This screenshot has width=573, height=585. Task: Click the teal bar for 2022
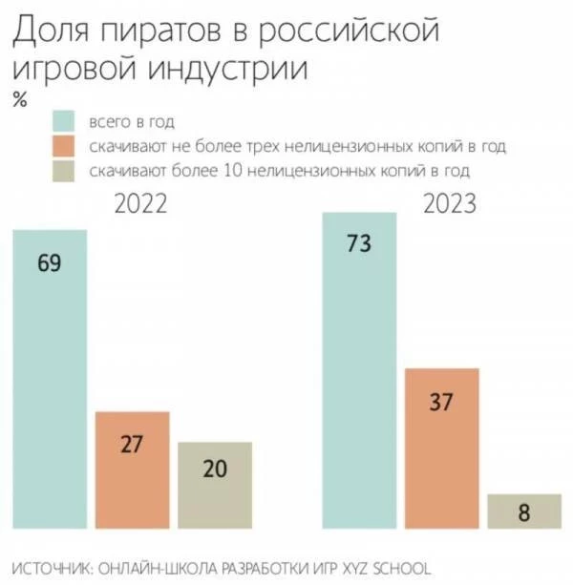(x=49, y=382)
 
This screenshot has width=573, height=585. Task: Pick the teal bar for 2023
(x=359, y=372)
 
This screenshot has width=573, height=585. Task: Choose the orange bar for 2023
(x=442, y=449)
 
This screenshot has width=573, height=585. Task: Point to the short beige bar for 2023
(x=523, y=511)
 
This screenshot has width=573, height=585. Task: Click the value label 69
(x=49, y=264)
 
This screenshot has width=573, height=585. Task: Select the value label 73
(x=359, y=244)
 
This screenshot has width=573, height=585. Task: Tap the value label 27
(x=133, y=446)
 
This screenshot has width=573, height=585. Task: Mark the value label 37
(x=442, y=402)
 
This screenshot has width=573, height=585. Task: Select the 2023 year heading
(x=451, y=204)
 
